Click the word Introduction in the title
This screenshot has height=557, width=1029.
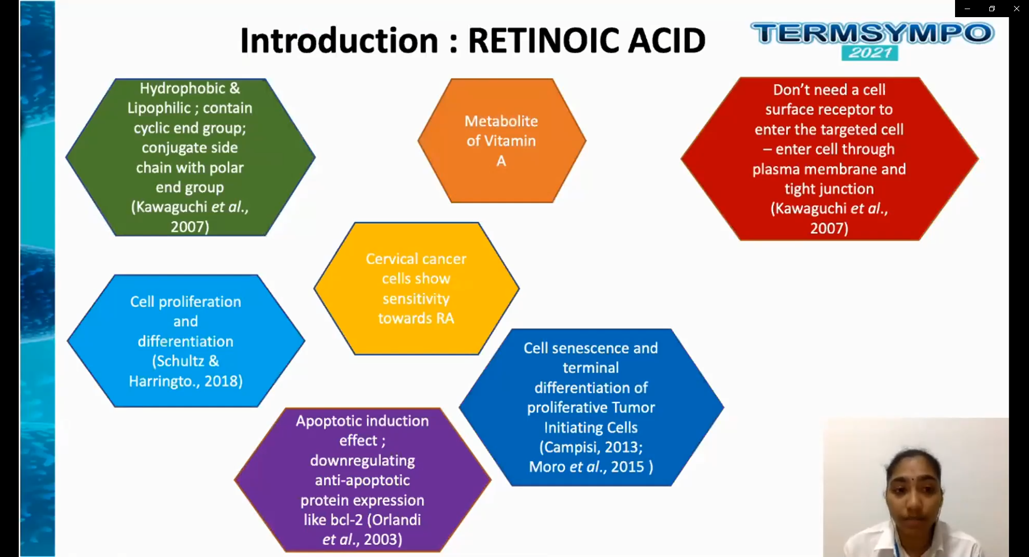click(339, 41)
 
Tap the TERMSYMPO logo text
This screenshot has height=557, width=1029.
click(873, 33)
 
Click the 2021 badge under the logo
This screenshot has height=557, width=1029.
click(869, 52)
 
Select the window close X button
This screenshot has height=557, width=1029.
click(1016, 9)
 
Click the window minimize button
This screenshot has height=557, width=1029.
click(967, 9)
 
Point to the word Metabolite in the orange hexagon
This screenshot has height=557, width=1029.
click(501, 121)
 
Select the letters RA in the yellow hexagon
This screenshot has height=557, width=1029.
click(445, 318)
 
